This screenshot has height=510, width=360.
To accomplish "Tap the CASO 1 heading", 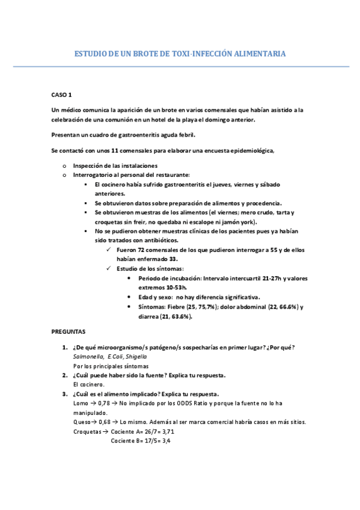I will (x=61, y=95).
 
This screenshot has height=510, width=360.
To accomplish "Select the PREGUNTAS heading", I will (x=68, y=331).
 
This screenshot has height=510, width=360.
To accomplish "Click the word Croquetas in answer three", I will (x=87, y=432).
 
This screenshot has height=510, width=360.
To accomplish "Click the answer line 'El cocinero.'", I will (x=88, y=384).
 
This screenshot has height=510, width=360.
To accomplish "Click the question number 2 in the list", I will (x=65, y=375).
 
